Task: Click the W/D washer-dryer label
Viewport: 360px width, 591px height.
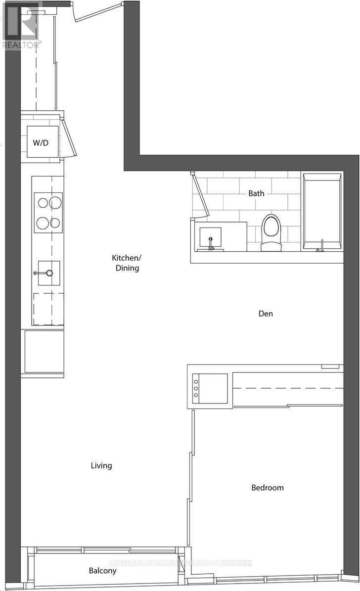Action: (41, 142)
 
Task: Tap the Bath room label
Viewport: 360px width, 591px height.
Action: (256, 193)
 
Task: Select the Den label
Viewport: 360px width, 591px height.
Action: (266, 314)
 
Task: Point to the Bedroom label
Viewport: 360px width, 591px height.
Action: (268, 488)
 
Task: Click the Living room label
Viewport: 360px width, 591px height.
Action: (101, 465)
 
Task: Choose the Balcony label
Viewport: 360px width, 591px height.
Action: (103, 571)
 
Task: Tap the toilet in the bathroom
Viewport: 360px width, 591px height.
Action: (271, 231)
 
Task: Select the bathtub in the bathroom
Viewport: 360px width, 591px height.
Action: (322, 211)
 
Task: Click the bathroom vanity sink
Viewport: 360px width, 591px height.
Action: (210, 238)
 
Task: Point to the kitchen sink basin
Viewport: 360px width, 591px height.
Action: (49, 273)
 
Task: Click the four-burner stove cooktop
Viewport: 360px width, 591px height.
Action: (48, 212)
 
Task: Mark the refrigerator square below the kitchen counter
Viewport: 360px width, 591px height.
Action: (45, 351)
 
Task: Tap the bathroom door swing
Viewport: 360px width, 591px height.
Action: (200, 195)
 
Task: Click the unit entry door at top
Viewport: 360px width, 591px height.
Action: (97, 12)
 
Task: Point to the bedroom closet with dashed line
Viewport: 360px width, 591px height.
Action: (288, 389)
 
